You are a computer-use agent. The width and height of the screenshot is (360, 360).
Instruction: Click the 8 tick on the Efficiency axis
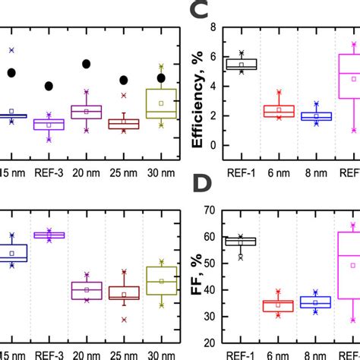point(214,27)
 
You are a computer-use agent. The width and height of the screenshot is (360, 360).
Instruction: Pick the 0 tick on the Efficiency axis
point(214,145)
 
